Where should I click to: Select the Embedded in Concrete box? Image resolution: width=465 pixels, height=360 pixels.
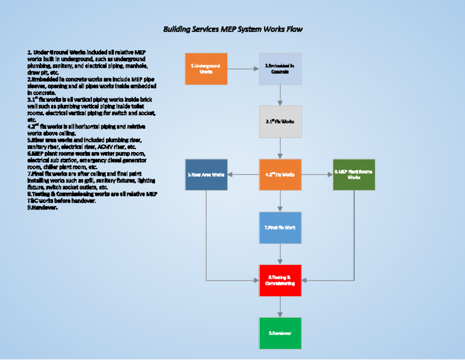click(x=280, y=68)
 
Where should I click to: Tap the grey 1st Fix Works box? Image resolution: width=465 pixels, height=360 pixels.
click(x=280, y=121)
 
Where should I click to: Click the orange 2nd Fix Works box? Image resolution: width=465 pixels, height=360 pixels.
click(x=280, y=175)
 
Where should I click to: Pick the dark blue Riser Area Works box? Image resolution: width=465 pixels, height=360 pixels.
click(x=206, y=175)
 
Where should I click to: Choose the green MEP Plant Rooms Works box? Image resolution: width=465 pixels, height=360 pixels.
click(x=354, y=175)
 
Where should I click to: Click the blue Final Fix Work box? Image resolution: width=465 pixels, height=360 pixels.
click(x=280, y=227)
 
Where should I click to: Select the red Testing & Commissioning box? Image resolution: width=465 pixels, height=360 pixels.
click(x=280, y=280)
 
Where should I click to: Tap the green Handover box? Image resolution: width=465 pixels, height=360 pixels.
click(x=280, y=333)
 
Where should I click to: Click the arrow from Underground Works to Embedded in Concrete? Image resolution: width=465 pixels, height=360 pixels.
click(x=243, y=69)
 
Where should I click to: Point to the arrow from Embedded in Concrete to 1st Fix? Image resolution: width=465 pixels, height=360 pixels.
click(x=280, y=95)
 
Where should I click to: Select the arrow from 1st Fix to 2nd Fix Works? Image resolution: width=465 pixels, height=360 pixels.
click(x=280, y=148)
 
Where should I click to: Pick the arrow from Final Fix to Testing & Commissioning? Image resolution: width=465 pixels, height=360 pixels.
click(x=280, y=254)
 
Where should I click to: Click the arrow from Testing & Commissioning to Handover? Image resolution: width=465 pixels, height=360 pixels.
click(x=280, y=307)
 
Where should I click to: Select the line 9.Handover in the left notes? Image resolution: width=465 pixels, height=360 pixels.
click(x=42, y=207)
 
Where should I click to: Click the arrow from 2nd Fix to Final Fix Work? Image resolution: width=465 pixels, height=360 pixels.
click(x=280, y=201)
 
